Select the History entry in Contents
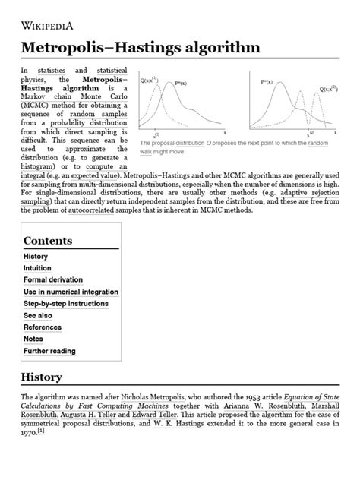tap(36, 257)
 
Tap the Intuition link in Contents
tap(37, 268)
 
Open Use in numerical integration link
tap(71, 292)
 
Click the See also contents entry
tap(38, 315)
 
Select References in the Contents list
tap(43, 327)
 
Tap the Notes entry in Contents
tap(33, 339)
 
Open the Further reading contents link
tap(49, 351)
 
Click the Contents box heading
tap(48, 241)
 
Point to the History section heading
tap(41, 377)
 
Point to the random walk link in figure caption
tap(319, 143)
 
